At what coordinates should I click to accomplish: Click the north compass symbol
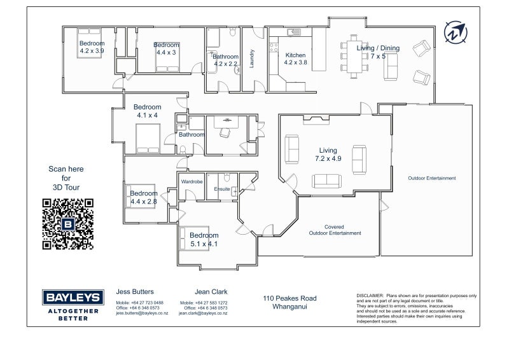pos(456,32)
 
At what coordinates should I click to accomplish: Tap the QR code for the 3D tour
pos(68,224)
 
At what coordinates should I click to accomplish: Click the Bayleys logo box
pos(73,297)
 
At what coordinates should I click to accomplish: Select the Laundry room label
pos(251,59)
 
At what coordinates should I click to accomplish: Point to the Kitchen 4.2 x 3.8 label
pos(295,59)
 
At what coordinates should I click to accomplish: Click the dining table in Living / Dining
pos(354,57)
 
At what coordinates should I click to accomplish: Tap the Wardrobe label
pos(192,181)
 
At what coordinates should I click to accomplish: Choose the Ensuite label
pos(222,189)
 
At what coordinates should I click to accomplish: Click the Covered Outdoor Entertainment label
pos(335,230)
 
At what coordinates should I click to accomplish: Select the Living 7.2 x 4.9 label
pos(328,155)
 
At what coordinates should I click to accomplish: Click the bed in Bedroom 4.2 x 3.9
pos(89,43)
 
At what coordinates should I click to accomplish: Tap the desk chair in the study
pos(225,132)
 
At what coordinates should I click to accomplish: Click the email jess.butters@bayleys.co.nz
pos(142,314)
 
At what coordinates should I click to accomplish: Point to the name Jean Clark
pos(211,292)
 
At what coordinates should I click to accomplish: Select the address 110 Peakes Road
pos(289,298)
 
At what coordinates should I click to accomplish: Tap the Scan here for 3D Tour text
pos(66,178)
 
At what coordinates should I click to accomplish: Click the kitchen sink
pos(294,32)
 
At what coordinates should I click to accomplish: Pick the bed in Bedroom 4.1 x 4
pos(148,139)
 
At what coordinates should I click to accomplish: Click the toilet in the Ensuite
pos(227,177)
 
